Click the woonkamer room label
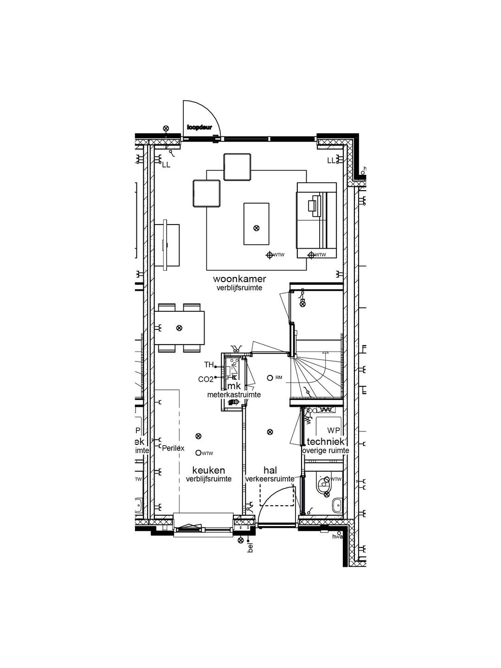pyautogui.click(x=239, y=279)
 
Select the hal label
pyautogui.click(x=270, y=470)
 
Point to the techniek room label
pyautogui.click(x=325, y=442)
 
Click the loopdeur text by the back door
pyautogui.click(x=199, y=127)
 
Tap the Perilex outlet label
pyautogui.click(x=173, y=448)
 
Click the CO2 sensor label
pyautogui.click(x=206, y=379)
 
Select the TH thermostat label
pyautogui.click(x=209, y=365)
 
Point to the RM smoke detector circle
pyautogui.click(x=270, y=378)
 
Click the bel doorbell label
pyautogui.click(x=250, y=549)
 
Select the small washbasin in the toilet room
pyautogui.click(x=337, y=505)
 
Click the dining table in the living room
pyautogui.click(x=180, y=328)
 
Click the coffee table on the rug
pyautogui.click(x=256, y=224)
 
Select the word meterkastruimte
pyautogui.click(x=234, y=395)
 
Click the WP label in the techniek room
pyautogui.click(x=333, y=430)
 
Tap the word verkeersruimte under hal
pyautogui.click(x=270, y=479)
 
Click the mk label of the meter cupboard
pyautogui.click(x=234, y=386)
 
